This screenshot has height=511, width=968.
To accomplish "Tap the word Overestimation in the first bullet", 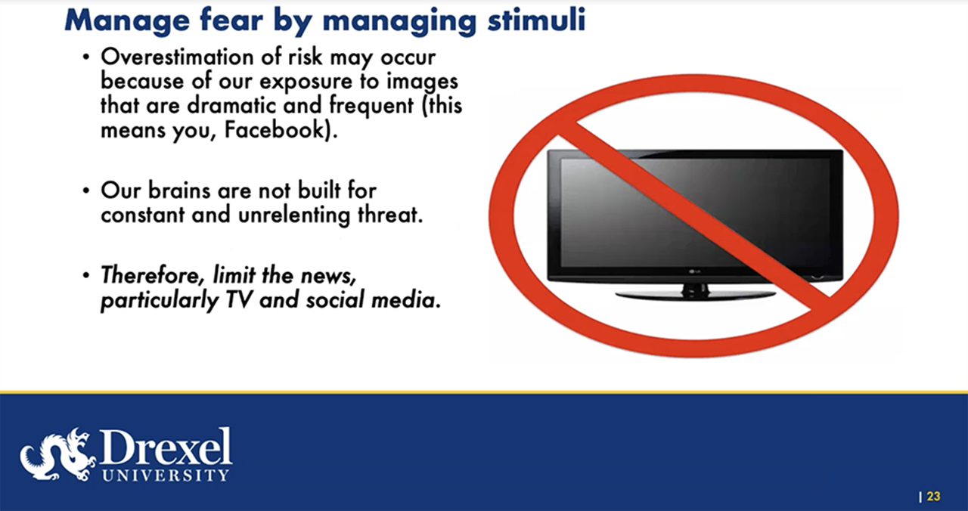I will (x=175, y=58).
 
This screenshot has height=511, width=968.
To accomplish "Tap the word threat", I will (x=387, y=215).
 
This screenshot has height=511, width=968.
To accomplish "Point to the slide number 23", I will (x=933, y=497).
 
